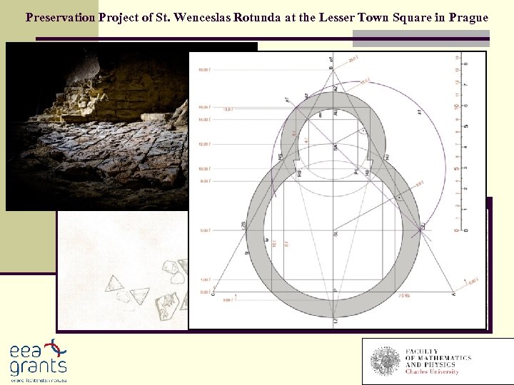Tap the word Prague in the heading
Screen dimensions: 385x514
468,17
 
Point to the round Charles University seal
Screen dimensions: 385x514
385,361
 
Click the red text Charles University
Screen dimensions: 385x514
432,371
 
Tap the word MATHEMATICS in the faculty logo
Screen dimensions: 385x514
444,358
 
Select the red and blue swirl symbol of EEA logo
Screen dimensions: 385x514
53,348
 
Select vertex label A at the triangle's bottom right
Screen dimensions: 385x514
453,294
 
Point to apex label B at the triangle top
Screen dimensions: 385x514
331,69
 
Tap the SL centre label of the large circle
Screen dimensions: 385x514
336,234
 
